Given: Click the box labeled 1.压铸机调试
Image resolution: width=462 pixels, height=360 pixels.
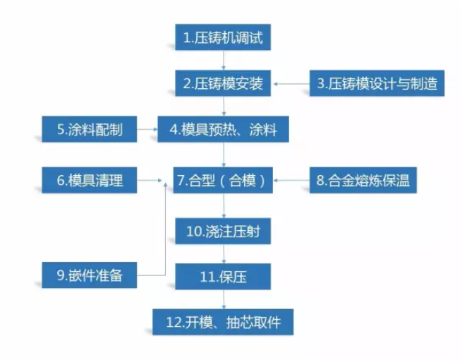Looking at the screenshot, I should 223,37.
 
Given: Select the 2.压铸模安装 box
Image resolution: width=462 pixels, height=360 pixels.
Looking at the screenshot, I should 223,84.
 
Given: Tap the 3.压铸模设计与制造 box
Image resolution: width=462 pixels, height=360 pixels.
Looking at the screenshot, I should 377,84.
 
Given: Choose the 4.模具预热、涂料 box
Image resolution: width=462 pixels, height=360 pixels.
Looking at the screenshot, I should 223,130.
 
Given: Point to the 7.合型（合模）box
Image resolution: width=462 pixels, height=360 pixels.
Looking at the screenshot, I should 223,181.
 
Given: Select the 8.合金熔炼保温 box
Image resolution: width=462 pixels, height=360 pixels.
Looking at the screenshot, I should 364,181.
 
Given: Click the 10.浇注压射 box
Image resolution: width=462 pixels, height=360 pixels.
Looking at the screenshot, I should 223,231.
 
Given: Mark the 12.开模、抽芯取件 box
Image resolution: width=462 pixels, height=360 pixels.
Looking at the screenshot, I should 223,322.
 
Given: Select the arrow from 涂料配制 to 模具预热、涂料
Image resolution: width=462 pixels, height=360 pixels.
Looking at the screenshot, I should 147,130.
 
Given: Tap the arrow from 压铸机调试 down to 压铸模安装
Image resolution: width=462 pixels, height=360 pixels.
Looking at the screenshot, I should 223,61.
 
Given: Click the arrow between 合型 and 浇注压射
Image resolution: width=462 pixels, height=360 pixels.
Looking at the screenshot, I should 223,205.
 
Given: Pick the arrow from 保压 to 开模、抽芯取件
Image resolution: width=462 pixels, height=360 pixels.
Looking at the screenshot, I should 223,299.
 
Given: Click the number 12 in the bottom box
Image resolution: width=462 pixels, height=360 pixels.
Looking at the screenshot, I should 175,322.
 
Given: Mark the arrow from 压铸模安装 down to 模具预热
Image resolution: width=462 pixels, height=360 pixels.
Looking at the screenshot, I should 223,107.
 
